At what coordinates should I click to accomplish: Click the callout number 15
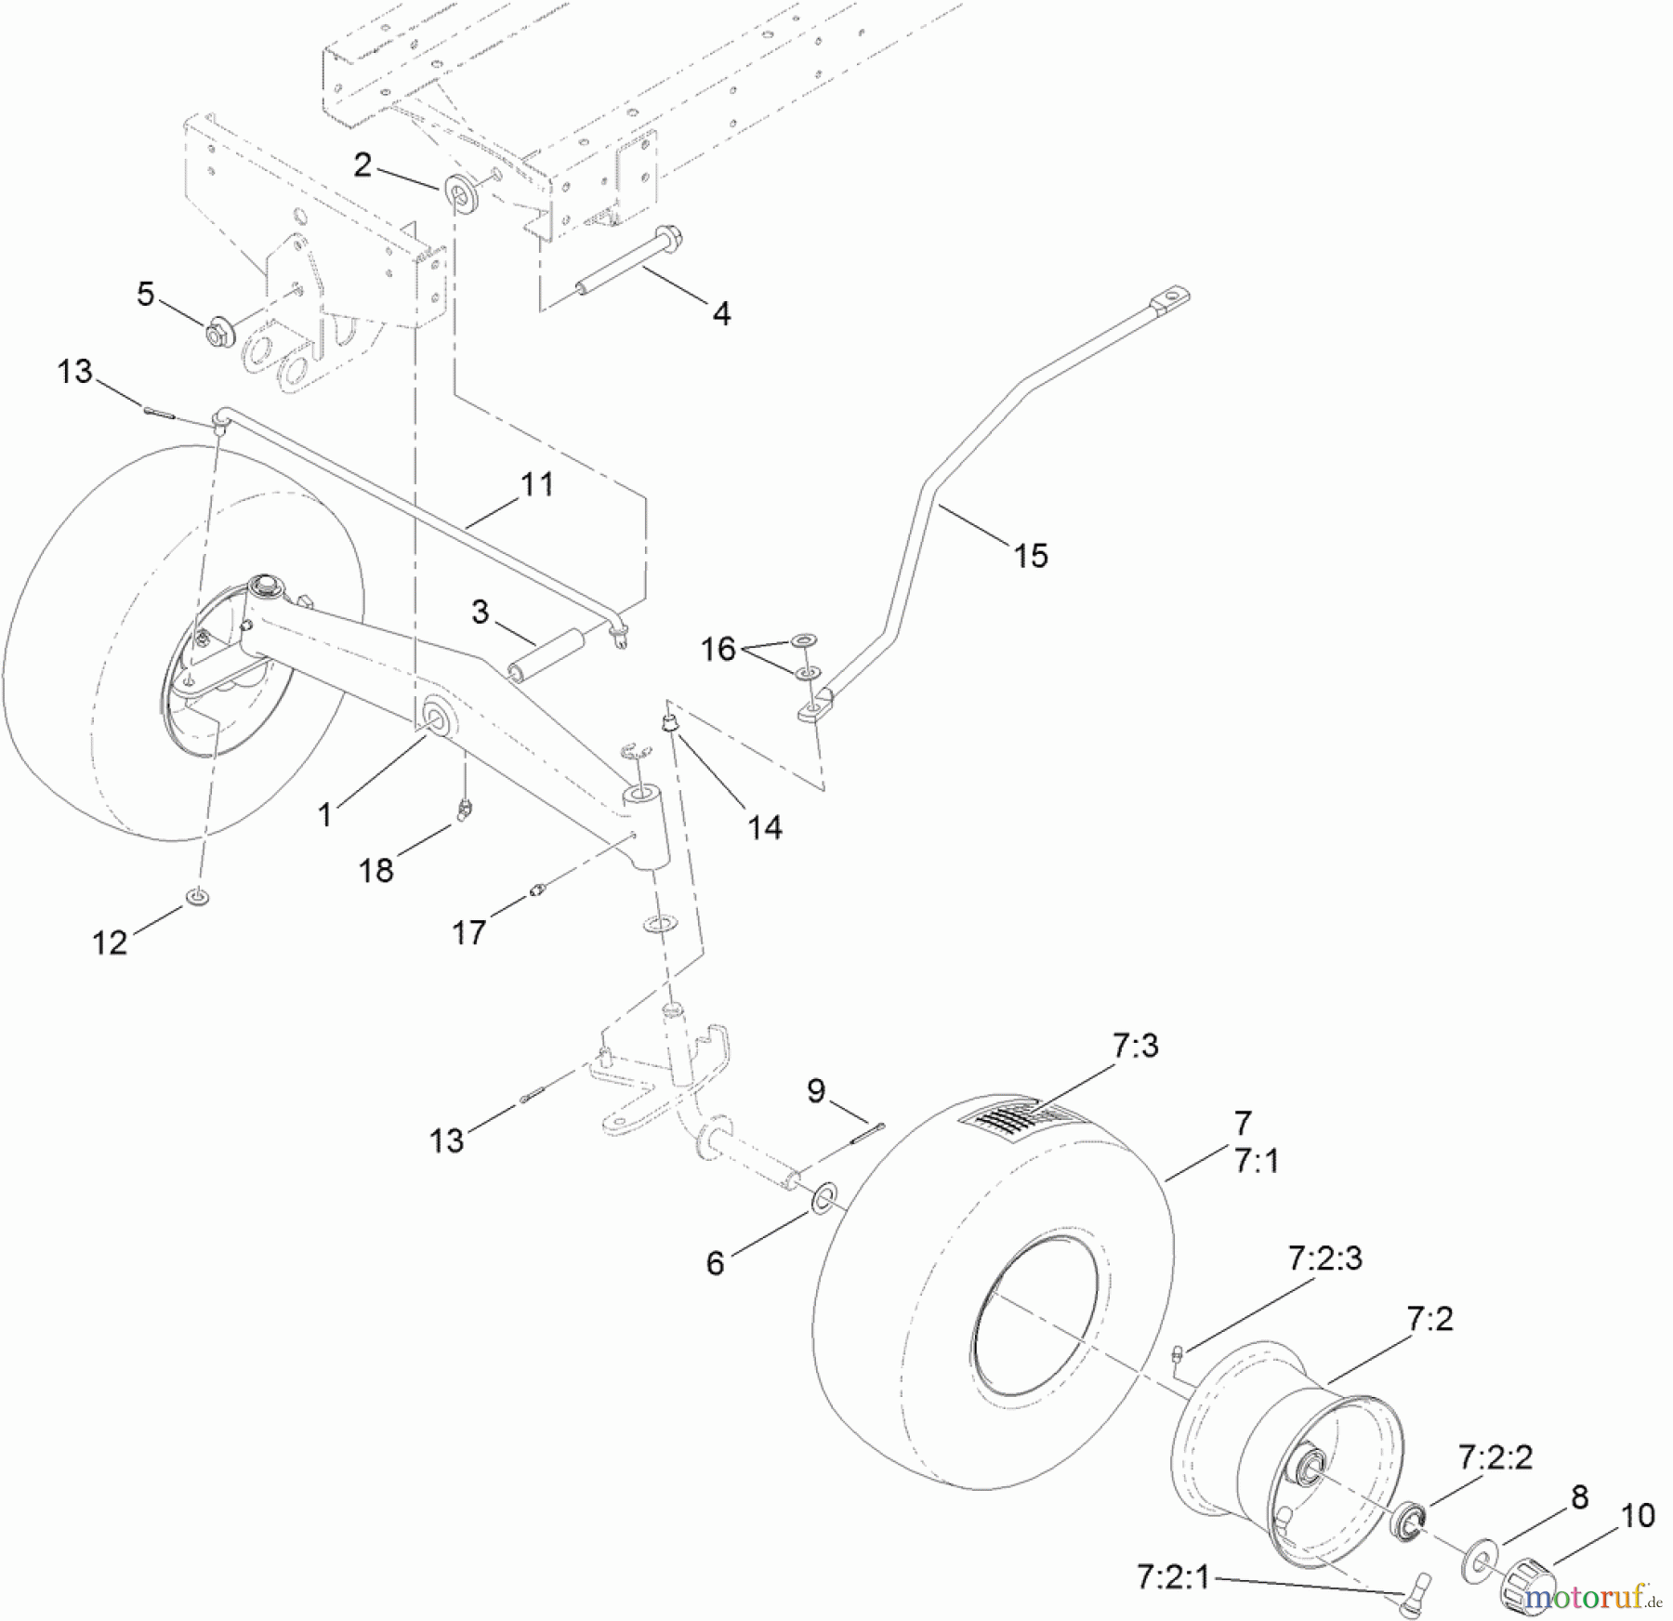pyautogui.click(x=1030, y=556)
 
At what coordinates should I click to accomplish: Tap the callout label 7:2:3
pyautogui.click(x=1324, y=1259)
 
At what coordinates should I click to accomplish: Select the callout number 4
pyautogui.click(x=721, y=313)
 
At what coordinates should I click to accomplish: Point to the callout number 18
pyautogui.click(x=376, y=870)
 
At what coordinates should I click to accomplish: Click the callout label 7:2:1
pyautogui.click(x=1172, y=1577)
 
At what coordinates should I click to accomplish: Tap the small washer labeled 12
pyautogui.click(x=197, y=897)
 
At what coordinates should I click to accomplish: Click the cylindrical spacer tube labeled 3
pyautogui.click(x=545, y=656)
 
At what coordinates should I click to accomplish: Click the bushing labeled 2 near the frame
pyautogui.click(x=460, y=191)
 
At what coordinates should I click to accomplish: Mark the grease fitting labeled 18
pyautogui.click(x=464, y=808)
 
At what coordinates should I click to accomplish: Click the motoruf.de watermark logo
pyautogui.click(x=1592, y=1599)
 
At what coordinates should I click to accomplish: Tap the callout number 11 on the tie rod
pyautogui.click(x=536, y=485)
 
